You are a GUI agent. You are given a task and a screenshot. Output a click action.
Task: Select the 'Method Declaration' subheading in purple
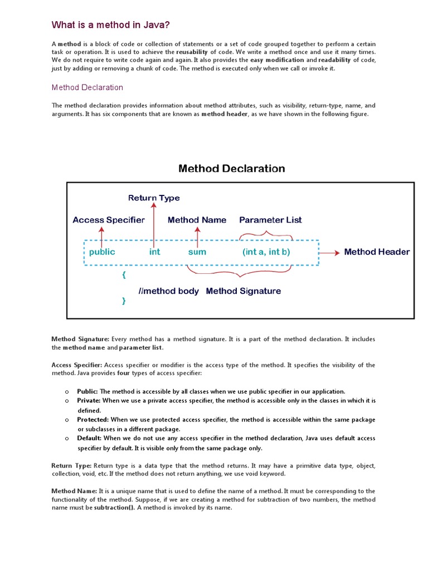coord(87,87)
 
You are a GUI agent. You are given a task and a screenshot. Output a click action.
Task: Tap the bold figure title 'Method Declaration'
coord(231,168)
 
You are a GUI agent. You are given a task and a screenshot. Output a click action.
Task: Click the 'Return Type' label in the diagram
coord(154,198)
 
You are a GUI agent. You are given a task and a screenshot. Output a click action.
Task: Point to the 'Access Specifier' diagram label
coord(109,220)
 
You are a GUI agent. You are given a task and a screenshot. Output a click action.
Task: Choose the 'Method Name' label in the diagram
coord(197,220)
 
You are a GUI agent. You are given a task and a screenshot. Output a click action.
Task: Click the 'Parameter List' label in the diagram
coord(270,220)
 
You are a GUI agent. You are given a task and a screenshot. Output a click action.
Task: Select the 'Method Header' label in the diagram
coord(377,252)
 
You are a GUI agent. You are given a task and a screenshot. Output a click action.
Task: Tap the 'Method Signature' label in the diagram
coord(244,291)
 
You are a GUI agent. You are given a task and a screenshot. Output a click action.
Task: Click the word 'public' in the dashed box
coord(102,252)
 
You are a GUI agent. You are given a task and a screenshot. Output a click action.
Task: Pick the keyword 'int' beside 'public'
coord(154,252)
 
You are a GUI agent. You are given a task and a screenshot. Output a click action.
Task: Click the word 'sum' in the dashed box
coord(197,252)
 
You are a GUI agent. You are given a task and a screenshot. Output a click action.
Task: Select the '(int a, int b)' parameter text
coord(266,252)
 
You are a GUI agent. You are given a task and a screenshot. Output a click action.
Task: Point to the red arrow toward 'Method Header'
coord(329,252)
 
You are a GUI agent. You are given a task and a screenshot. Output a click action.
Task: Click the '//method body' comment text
coord(169,291)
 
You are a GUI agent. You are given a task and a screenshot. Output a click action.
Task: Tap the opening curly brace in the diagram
coord(124,275)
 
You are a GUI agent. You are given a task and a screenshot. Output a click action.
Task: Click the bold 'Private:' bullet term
coord(89,400)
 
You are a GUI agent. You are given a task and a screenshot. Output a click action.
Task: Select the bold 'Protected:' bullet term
coord(93,419)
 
